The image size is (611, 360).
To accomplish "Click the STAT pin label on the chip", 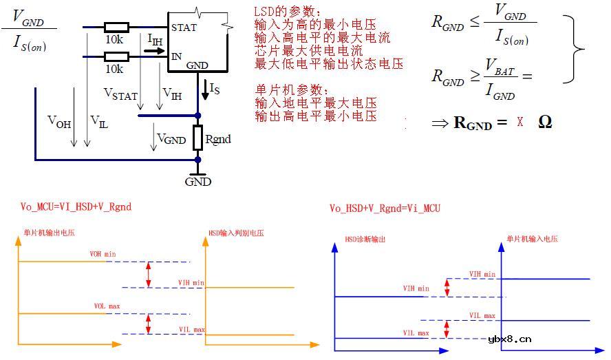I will coord(184,28).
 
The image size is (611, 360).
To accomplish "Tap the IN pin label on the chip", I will coord(177,56).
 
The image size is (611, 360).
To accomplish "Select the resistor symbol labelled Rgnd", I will coord(197,138).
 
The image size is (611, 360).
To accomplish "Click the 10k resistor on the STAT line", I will coord(115,28).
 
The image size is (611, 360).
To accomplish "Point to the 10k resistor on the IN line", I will coord(115,56).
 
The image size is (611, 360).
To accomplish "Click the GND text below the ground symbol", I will coord(198,182).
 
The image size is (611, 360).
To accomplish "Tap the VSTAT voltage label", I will coord(120,93).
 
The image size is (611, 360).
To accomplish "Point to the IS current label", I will coord(215,88).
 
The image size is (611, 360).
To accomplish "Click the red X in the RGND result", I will coord(520,123).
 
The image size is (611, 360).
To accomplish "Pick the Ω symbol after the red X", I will coord(545,122).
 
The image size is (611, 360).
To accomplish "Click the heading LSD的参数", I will coord(288,12).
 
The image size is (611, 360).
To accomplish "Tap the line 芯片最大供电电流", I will coord(308,51).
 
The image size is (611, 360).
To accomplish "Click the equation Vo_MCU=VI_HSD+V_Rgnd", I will coord(76,207).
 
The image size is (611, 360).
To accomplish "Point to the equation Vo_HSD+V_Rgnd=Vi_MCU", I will coord(385,208).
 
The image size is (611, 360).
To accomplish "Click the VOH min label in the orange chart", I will coord(103,255).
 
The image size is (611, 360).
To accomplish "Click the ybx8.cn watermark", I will coord(509,338).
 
